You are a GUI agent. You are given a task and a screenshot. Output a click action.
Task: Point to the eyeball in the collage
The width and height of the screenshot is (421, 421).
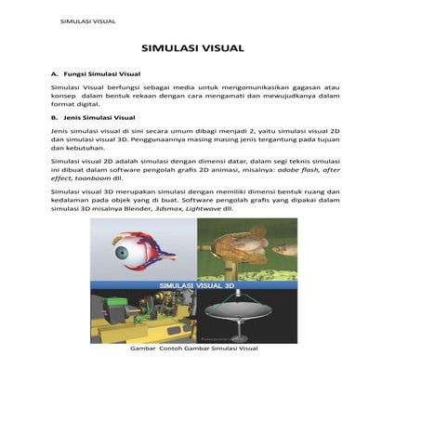point(125,252)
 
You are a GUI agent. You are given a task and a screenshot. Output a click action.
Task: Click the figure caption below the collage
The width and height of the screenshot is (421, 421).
point(193,349)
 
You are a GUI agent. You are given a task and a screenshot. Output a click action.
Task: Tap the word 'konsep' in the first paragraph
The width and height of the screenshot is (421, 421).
point(63,94)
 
